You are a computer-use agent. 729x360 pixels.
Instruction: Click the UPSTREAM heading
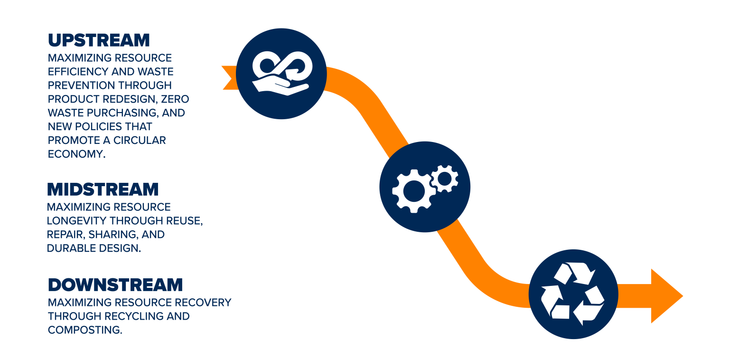[x=99, y=40]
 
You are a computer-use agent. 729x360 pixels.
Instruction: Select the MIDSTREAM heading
[x=103, y=189]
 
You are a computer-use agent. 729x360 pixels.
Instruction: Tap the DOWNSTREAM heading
[x=115, y=285]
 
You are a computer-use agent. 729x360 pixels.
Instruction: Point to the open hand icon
[x=280, y=86]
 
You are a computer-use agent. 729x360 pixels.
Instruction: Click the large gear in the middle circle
[x=411, y=190]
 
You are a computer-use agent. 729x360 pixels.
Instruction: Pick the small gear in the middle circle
[x=445, y=178]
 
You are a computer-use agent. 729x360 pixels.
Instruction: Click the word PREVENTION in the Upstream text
[x=77, y=86]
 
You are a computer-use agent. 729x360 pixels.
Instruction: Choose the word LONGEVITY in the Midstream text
[x=77, y=221]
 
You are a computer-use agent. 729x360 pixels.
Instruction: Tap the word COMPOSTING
[x=85, y=330]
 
